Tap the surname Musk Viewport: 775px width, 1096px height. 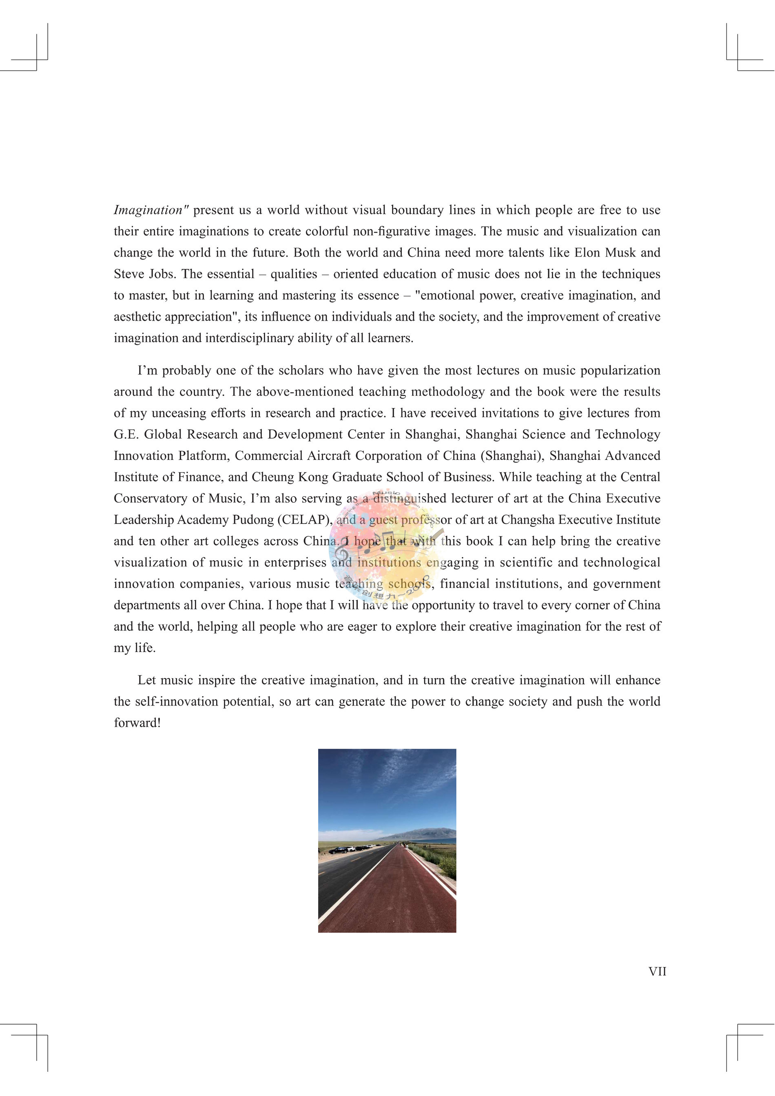point(620,253)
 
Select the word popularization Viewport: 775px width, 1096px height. point(620,371)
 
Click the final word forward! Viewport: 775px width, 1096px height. point(137,723)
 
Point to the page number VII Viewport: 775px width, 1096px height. point(657,972)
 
